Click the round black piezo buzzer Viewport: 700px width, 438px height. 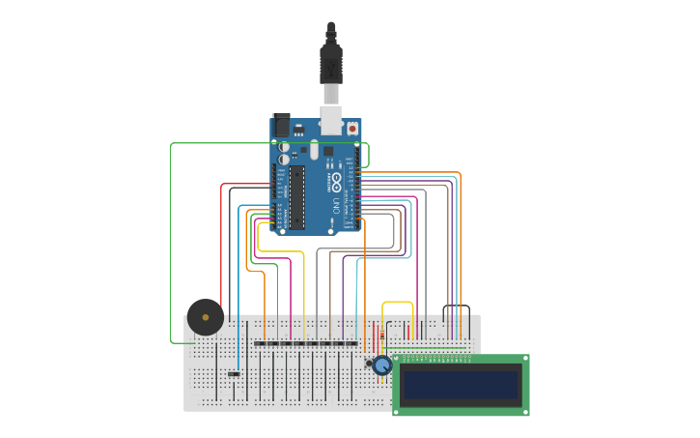206,317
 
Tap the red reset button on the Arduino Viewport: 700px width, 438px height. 352,128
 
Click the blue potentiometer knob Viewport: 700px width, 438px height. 382,365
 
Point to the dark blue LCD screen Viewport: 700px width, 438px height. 461,384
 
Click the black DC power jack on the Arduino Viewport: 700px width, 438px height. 282,125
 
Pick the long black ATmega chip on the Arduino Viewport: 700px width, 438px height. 297,197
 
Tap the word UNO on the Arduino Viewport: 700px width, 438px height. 336,204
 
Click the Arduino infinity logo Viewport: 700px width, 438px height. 336,181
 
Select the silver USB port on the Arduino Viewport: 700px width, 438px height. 331,119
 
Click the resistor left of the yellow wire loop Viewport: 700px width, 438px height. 382,335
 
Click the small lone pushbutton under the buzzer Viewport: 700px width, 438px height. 234,374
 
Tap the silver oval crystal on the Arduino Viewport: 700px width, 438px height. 314,150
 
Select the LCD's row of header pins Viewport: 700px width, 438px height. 436,359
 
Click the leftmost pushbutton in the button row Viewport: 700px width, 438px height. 260,343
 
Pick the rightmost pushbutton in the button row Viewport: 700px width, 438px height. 351,343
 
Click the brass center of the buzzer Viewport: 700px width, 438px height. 206,317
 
